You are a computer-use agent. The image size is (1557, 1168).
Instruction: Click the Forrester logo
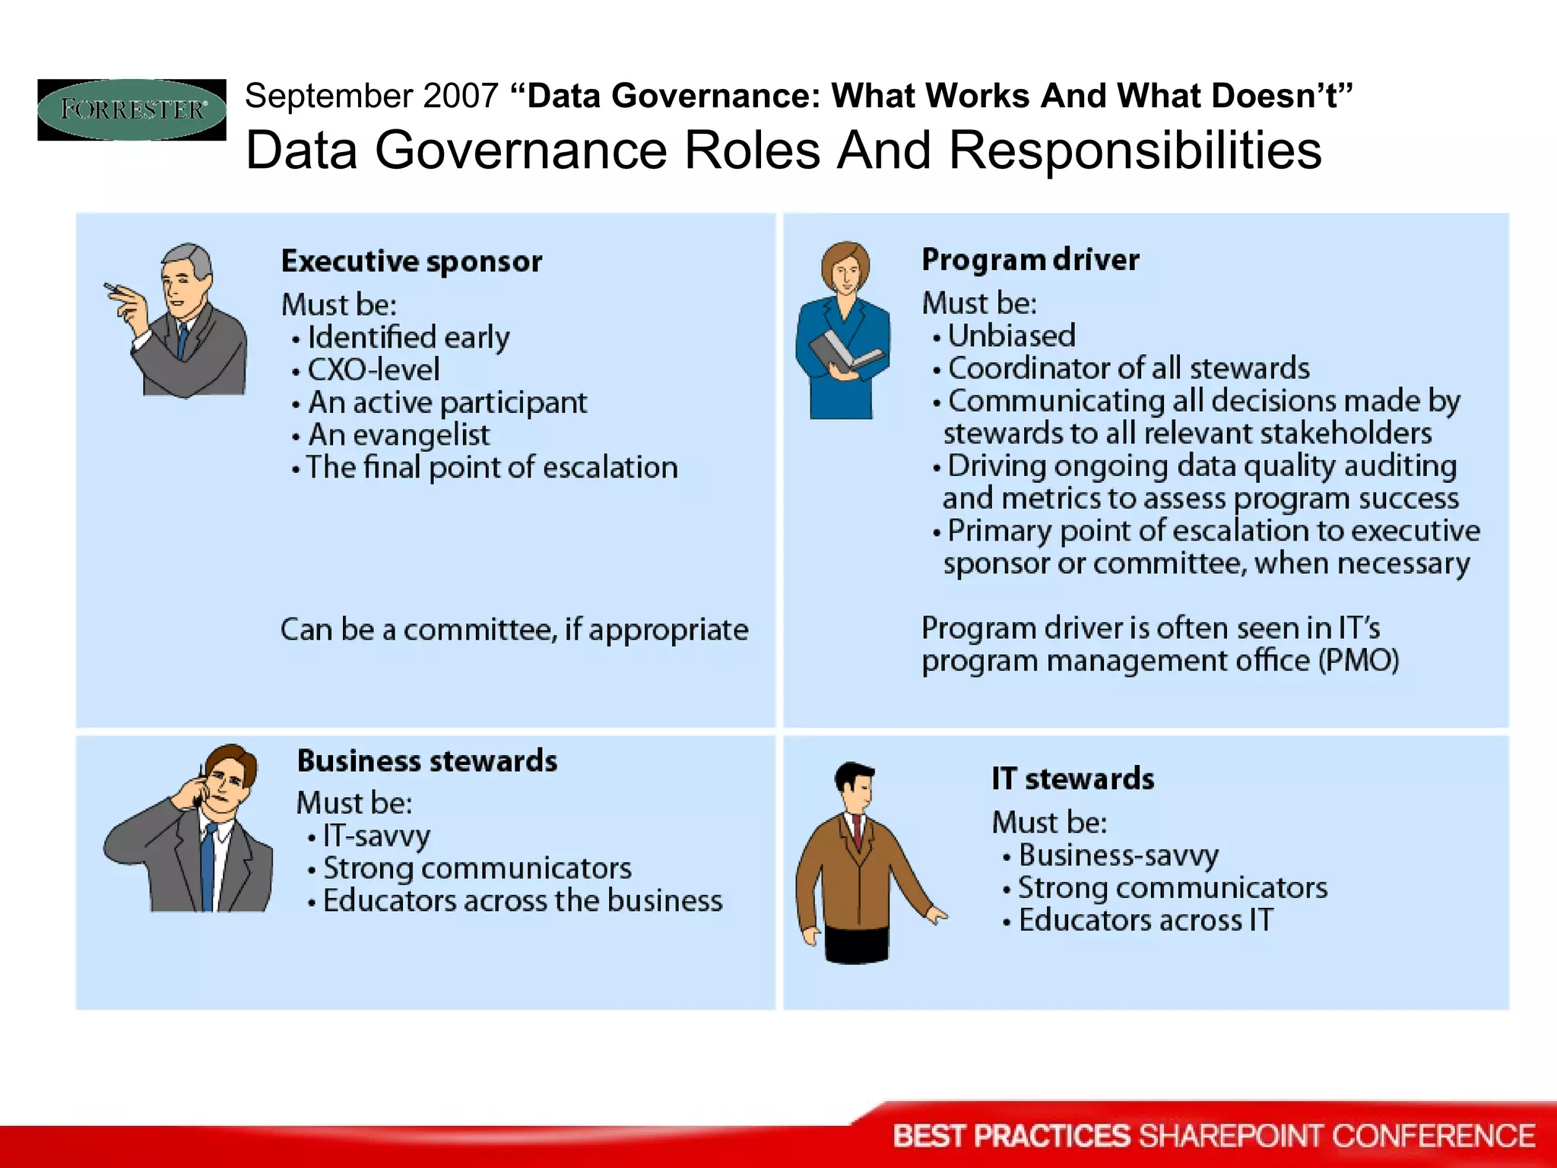pyautogui.click(x=132, y=109)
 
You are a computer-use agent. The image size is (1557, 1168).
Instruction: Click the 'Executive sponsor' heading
pyautogui.click(x=411, y=262)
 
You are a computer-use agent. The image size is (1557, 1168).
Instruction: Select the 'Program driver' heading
pyautogui.click(x=1030, y=260)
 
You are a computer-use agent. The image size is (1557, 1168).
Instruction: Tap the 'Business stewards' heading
pyautogui.click(x=427, y=761)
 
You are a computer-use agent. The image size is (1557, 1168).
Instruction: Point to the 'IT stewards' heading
pyautogui.click(x=1073, y=779)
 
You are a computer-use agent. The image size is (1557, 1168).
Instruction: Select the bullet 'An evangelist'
pyautogui.click(x=398, y=435)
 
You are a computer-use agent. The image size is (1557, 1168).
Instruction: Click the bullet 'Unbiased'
pyautogui.click(x=1011, y=336)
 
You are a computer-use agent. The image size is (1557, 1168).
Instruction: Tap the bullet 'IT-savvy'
pyautogui.click(x=376, y=836)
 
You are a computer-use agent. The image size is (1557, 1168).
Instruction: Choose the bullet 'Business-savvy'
pyautogui.click(x=1118, y=855)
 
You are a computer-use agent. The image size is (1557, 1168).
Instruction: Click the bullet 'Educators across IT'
pyautogui.click(x=1145, y=921)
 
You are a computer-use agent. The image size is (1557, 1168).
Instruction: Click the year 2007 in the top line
pyautogui.click(x=460, y=97)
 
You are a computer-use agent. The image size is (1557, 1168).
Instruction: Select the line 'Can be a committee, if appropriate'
pyautogui.click(x=514, y=630)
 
